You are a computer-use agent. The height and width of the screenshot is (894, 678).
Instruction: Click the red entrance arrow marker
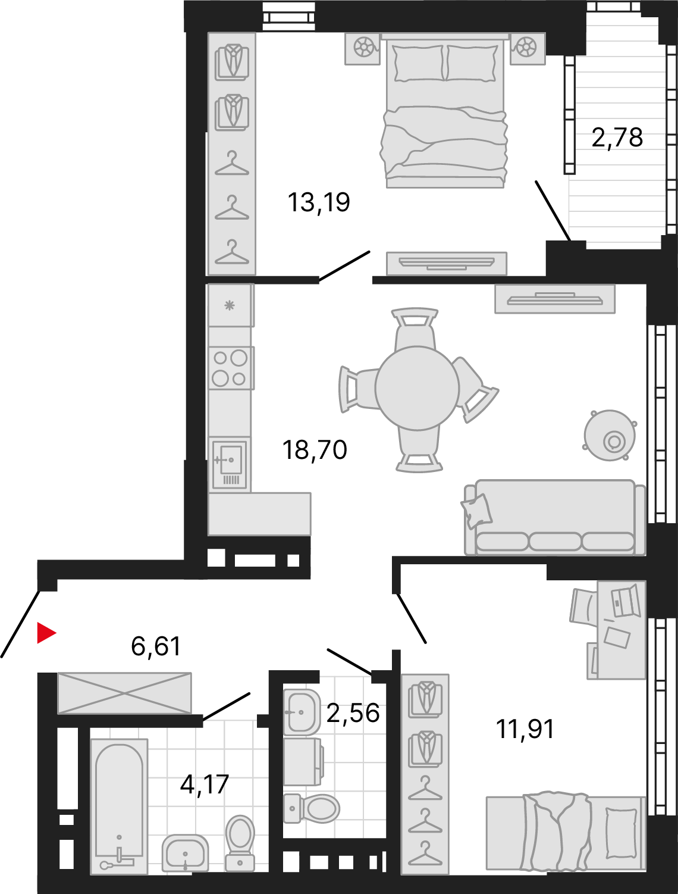[45, 633]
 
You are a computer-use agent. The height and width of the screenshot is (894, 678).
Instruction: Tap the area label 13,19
[319, 202]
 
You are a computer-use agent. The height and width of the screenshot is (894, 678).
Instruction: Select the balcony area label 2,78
[617, 137]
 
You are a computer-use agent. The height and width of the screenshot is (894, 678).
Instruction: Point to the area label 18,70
[315, 450]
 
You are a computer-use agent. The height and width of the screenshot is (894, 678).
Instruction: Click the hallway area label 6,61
[156, 646]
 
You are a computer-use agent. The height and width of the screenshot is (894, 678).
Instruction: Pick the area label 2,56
[353, 712]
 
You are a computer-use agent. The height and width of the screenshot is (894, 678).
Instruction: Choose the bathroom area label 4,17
[205, 784]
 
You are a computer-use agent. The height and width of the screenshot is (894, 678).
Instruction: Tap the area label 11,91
[525, 729]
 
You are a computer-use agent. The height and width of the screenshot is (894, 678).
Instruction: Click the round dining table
[418, 388]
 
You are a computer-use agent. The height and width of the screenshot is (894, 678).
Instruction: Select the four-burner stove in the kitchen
[230, 368]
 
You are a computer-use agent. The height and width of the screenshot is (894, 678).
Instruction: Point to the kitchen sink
[230, 464]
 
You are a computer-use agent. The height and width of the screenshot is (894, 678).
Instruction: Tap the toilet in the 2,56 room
[312, 808]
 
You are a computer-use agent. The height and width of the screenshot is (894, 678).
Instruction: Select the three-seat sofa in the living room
[555, 518]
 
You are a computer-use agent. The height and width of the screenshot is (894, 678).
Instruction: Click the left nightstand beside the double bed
[363, 47]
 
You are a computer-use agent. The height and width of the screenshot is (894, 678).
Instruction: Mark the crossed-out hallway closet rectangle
[124, 693]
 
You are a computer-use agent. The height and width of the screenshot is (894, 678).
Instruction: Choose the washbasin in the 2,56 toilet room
[302, 712]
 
